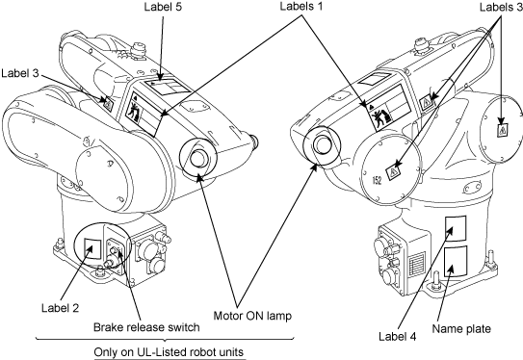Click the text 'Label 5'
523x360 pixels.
(163, 7)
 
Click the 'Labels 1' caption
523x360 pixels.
(301, 6)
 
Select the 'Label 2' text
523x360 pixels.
(60, 308)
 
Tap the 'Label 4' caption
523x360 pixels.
(397, 336)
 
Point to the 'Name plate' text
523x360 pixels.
(461, 328)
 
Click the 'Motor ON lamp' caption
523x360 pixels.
(252, 316)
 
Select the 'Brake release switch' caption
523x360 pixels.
(146, 327)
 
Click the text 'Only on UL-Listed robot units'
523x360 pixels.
(169, 352)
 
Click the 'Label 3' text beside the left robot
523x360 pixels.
(20, 73)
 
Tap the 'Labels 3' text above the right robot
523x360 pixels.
(501, 7)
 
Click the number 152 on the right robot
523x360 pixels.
(377, 180)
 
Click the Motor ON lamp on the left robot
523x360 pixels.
(198, 157)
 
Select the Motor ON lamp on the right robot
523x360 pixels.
(322, 145)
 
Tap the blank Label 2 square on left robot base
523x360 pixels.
(92, 248)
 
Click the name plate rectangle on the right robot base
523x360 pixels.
(456, 262)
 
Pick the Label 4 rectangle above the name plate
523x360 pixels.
(456, 228)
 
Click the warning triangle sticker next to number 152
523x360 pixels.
(393, 172)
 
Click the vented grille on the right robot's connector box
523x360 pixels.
(417, 264)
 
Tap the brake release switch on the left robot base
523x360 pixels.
(114, 251)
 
